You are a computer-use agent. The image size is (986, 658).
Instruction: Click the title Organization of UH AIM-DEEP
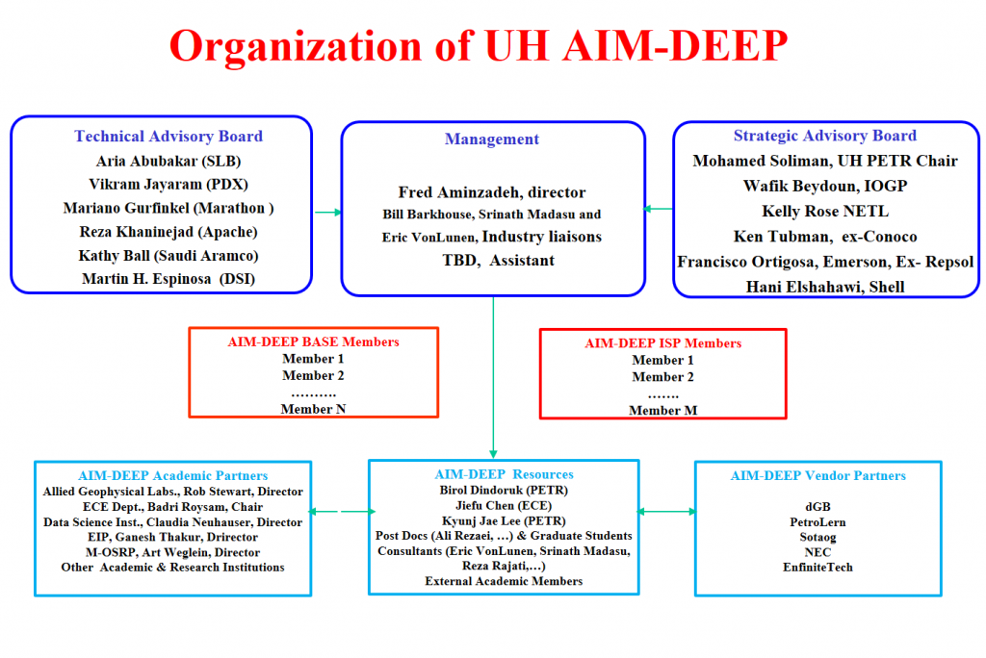[479, 44]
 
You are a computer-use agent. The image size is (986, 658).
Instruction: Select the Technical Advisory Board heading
[169, 137]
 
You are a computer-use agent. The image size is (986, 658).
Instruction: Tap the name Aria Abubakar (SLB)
[169, 161]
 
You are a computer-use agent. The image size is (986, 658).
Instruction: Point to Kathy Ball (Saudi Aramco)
[169, 255]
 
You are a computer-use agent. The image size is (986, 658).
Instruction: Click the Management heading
[492, 139]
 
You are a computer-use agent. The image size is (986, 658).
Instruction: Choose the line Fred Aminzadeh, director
[492, 192]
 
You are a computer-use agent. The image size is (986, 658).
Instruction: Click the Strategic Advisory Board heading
[825, 137]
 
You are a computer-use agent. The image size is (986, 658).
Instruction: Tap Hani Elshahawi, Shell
[825, 286]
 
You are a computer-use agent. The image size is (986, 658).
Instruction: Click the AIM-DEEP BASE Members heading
[314, 342]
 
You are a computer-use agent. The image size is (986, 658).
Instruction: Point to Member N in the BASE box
[313, 409]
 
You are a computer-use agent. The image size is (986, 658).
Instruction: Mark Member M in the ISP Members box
[662, 411]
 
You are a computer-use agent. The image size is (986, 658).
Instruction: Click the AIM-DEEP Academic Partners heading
[173, 475]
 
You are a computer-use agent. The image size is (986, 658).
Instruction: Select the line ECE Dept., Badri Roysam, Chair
[173, 506]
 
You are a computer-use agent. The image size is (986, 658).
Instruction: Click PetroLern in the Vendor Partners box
[817, 520]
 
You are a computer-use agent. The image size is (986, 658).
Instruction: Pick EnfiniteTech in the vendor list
[817, 567]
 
